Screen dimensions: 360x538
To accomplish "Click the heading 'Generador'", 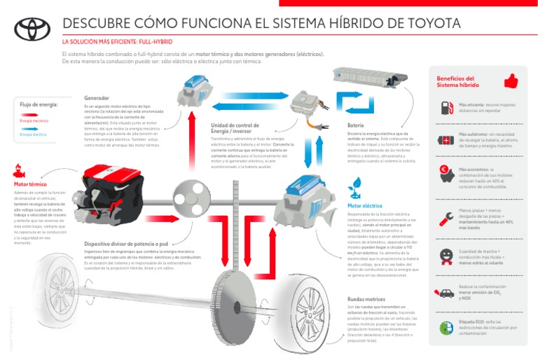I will click(96, 98).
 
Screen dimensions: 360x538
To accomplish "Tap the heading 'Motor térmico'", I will click(29, 185).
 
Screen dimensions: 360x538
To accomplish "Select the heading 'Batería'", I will click(355, 126).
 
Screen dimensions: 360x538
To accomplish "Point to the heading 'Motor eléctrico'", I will click(364, 206).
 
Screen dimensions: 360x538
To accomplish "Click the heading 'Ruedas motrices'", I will click(366, 299).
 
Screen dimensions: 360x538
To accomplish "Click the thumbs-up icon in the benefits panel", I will click(511, 81).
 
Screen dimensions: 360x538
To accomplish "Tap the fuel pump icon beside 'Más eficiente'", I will click(446, 108).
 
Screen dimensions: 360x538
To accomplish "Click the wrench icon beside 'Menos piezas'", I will click(446, 216).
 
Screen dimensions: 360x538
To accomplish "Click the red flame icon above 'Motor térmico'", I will click(19, 171).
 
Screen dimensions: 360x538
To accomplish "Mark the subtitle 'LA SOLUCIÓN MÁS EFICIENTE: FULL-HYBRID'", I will click(118, 42).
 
